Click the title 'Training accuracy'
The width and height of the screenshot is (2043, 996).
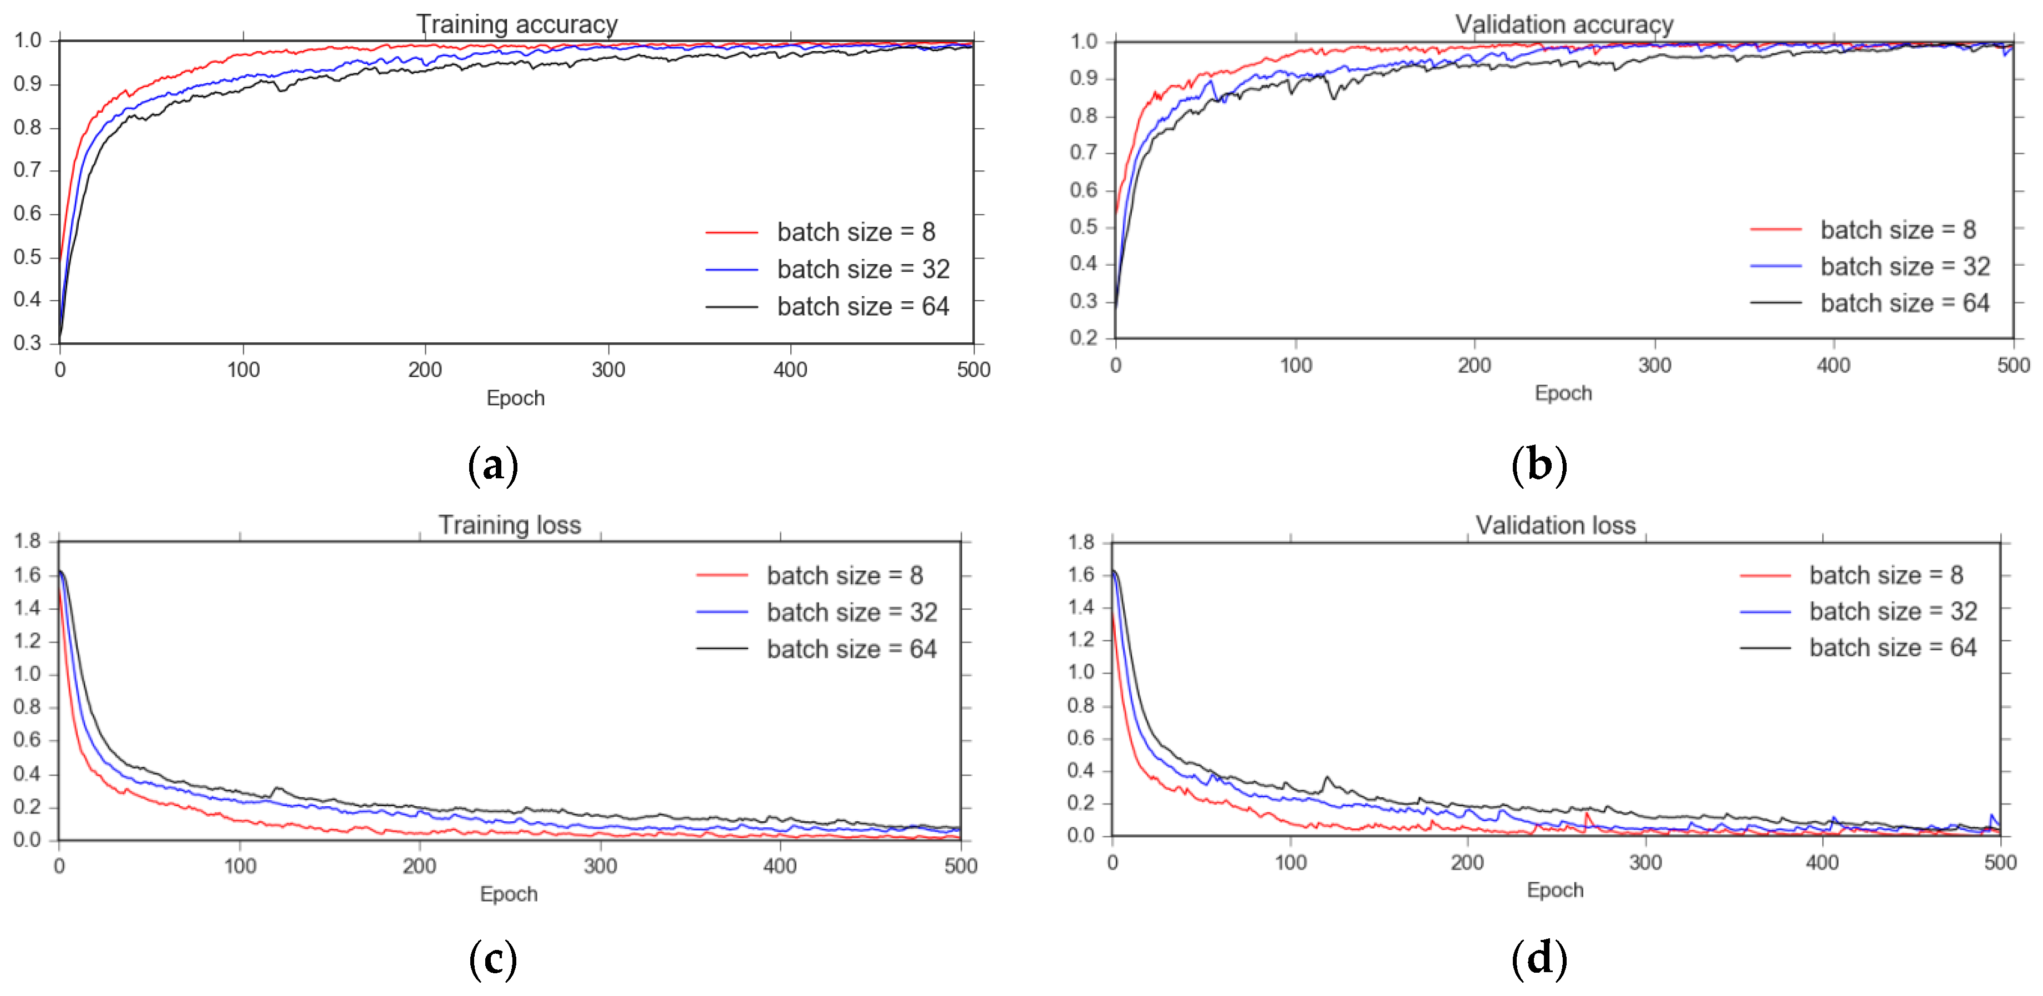click(516, 24)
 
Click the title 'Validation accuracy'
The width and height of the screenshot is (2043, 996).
click(1563, 24)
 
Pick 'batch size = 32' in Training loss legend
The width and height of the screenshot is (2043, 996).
click(851, 612)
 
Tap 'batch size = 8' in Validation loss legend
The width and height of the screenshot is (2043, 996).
click(1885, 575)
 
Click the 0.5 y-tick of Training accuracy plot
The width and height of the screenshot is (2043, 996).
click(27, 257)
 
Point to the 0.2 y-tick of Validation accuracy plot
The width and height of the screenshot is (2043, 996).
click(1084, 337)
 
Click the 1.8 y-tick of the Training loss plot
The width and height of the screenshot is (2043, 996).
click(27, 541)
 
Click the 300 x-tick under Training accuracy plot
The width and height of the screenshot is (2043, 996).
click(608, 370)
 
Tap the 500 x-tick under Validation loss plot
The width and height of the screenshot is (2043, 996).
click(1999, 863)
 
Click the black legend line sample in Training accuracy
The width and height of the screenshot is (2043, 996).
click(731, 306)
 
